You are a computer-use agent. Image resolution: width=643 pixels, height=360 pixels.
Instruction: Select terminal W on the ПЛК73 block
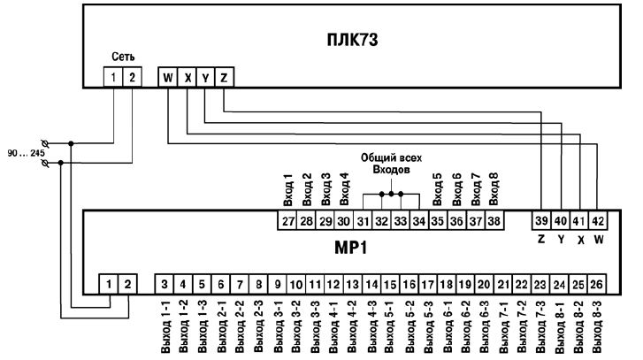click(167, 77)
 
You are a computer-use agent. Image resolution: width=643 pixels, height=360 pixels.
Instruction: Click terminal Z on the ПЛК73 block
click(224, 77)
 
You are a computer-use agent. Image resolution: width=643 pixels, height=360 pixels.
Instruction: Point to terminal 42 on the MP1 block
click(598, 221)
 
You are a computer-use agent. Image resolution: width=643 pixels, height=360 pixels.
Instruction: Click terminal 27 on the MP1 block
click(287, 221)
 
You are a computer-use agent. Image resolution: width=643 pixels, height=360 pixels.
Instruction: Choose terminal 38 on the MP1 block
click(493, 221)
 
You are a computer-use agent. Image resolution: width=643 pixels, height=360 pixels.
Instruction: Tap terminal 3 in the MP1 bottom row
click(165, 284)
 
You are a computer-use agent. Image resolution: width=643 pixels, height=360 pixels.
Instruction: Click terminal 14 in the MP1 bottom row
click(371, 284)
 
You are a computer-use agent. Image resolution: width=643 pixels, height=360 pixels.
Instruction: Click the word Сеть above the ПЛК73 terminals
click(122, 56)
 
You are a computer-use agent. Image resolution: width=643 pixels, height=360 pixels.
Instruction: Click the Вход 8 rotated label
click(494, 188)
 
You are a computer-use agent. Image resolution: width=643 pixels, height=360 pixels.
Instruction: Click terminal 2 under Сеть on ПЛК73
click(131, 77)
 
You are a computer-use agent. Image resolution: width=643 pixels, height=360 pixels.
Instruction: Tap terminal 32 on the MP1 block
click(381, 221)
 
